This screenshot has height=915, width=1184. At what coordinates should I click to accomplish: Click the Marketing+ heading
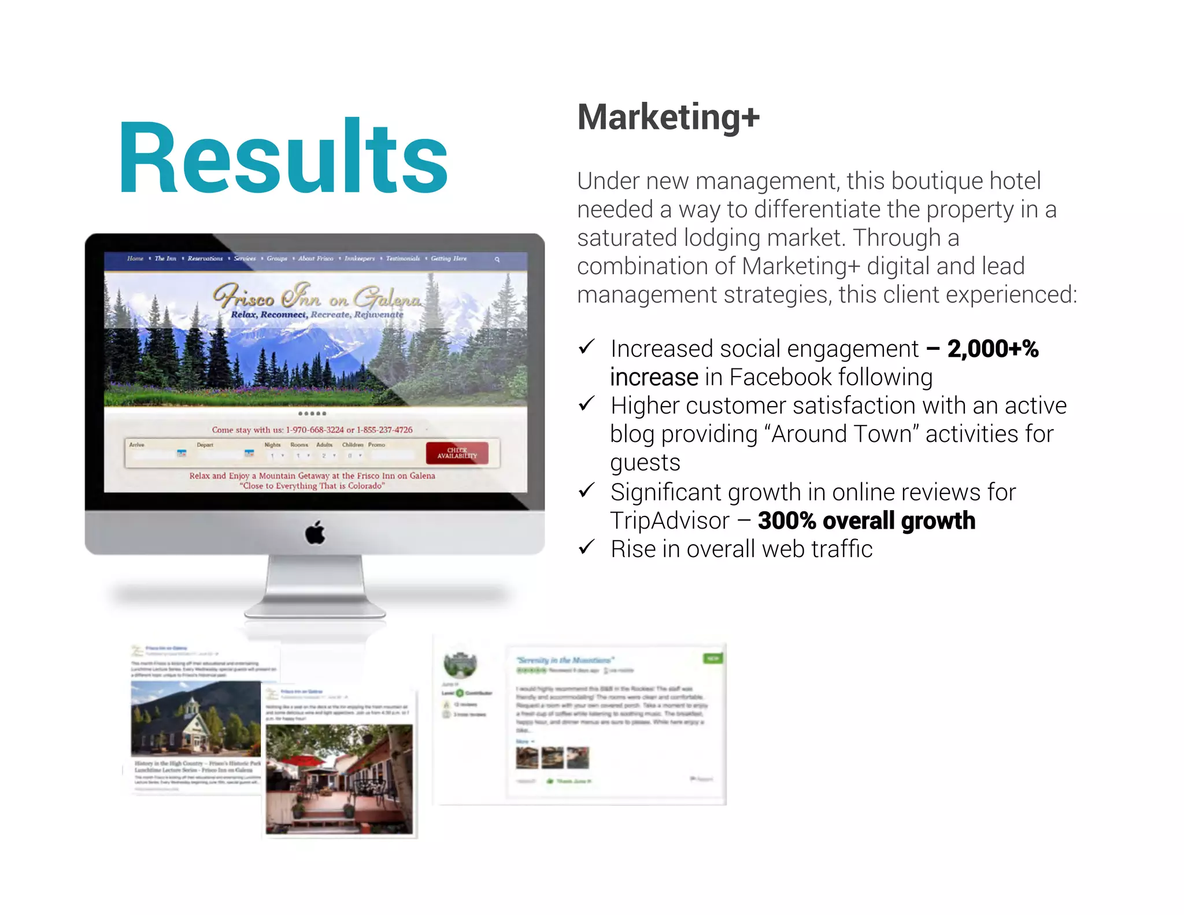pos(668,117)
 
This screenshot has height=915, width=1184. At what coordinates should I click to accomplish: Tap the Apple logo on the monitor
pos(315,532)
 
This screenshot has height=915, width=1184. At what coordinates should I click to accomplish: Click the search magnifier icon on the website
pos(497,260)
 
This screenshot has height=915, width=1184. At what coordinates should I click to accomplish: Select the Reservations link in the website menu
pos(205,259)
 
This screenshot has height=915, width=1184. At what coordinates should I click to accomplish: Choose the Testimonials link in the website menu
pos(402,259)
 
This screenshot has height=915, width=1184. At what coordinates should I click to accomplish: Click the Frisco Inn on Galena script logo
pos(317,296)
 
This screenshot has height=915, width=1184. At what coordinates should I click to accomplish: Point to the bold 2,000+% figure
pos(993,349)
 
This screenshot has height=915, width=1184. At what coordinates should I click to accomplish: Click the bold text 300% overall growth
pos(866,521)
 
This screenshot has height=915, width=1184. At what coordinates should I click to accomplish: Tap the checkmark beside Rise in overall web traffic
pos(587,547)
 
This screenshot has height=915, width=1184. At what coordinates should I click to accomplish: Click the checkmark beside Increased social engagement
pos(587,347)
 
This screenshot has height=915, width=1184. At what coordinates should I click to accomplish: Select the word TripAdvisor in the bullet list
pos(669,521)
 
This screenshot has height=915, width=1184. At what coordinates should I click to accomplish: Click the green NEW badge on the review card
pos(713,658)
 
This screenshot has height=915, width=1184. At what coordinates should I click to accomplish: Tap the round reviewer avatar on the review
pos(460,665)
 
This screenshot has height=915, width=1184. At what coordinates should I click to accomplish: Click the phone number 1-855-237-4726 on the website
pos(384,430)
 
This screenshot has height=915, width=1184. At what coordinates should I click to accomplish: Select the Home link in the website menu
pos(135,259)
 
